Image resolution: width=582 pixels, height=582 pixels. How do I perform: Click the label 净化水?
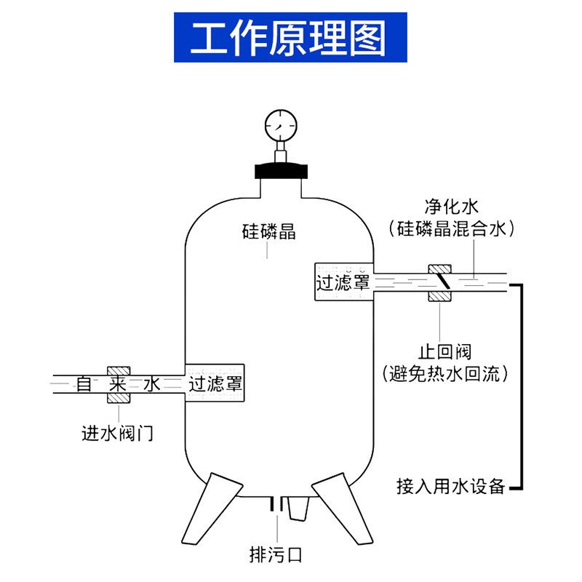click(x=452, y=206)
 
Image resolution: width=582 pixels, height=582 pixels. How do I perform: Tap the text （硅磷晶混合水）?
click(x=452, y=228)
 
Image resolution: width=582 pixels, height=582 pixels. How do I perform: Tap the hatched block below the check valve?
click(x=439, y=296)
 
